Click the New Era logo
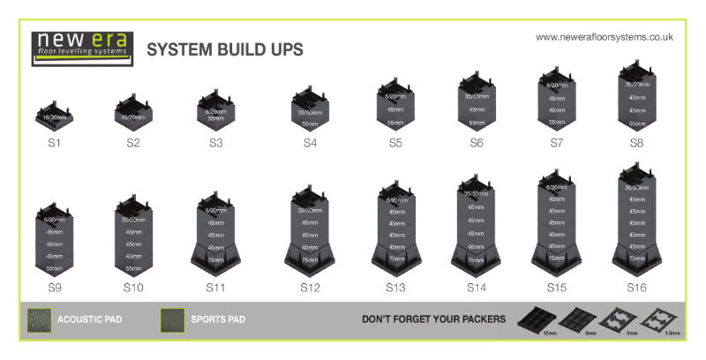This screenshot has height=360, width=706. pyautogui.click(x=81, y=46)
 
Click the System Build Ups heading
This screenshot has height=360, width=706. pyautogui.click(x=224, y=49)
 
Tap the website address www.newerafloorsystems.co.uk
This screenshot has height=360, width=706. pyautogui.click(x=605, y=37)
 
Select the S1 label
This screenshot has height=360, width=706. pyautogui.click(x=55, y=141)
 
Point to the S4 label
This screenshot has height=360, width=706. pyautogui.click(x=309, y=142)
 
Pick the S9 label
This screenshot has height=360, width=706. pyautogui.click(x=55, y=287)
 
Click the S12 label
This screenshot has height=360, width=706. pyautogui.click(x=309, y=287)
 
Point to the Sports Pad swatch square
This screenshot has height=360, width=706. pyautogui.click(x=172, y=320)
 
